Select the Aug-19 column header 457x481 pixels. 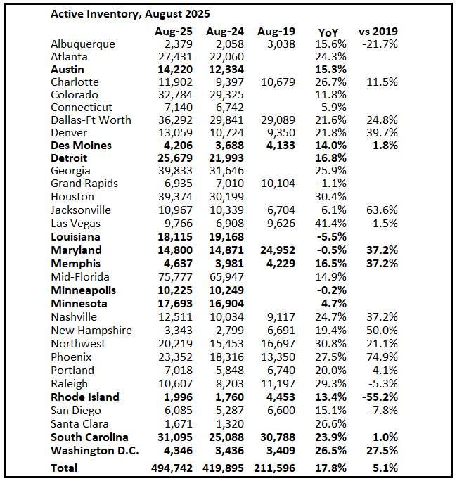(276, 32)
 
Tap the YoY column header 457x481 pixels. (328, 32)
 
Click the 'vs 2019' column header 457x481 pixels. (378, 32)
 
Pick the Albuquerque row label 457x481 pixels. (83, 44)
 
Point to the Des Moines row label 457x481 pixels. (81, 146)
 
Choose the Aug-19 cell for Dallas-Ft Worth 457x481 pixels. (276, 120)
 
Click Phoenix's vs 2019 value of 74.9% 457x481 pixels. (382, 357)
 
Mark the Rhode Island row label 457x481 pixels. (85, 397)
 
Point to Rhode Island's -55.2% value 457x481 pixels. (380, 397)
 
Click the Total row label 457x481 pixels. (64, 468)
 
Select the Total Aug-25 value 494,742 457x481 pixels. (172, 468)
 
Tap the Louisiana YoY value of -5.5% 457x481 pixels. (332, 237)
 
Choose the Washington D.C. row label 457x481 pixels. (95, 450)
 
